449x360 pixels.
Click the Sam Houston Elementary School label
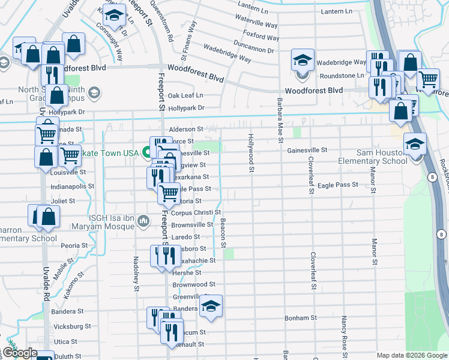(x=373, y=157)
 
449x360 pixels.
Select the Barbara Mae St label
(x=280, y=121)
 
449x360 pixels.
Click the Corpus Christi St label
(x=196, y=212)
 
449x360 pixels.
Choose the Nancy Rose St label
(x=345, y=333)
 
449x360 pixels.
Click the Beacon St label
(x=223, y=233)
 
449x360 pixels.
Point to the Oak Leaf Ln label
(x=185, y=95)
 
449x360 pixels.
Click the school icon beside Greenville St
(x=211, y=306)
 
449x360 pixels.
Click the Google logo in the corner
(x=20, y=353)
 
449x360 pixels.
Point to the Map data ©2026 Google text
(x=411, y=355)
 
